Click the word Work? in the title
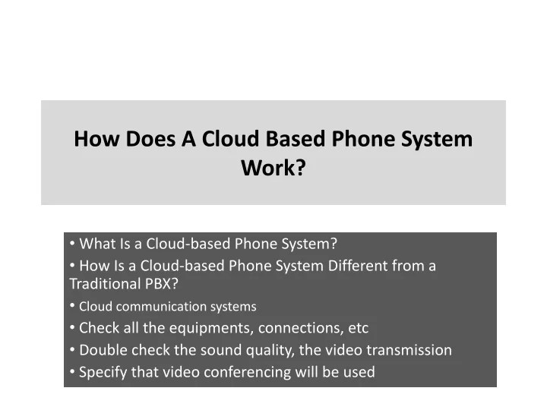(x=273, y=167)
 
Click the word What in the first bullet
(x=95, y=244)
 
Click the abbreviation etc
(x=358, y=329)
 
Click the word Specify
(x=103, y=372)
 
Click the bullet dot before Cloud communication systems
(x=72, y=306)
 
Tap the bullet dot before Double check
(x=72, y=350)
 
